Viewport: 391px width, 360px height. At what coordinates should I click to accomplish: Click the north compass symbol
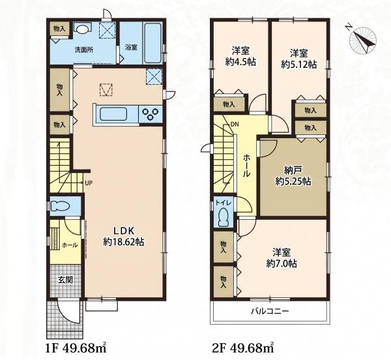363,40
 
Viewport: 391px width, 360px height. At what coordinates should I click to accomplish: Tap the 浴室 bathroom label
131,48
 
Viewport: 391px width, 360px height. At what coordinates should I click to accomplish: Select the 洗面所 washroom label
84,50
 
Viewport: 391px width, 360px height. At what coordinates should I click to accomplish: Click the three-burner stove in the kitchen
151,114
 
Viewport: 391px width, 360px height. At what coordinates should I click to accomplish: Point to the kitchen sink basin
113,114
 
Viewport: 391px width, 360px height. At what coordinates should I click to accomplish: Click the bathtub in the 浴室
152,43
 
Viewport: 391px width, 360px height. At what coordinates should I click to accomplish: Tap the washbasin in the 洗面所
82,29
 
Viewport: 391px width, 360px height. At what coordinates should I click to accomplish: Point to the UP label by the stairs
89,183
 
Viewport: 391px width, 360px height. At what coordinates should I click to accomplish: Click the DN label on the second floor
235,124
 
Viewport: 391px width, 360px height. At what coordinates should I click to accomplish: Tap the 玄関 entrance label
65,280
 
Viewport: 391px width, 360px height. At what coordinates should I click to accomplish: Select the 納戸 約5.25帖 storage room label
293,175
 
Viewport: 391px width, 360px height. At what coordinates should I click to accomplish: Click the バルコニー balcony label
270,311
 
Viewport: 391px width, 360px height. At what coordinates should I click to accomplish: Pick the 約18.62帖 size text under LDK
124,241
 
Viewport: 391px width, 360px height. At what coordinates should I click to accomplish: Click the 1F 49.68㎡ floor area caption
76,347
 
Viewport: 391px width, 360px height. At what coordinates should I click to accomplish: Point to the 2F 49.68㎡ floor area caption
243,347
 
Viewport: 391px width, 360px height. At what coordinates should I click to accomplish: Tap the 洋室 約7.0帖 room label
282,258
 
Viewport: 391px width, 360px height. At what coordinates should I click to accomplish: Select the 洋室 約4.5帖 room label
240,56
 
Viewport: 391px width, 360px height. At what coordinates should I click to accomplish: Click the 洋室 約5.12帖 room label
298,59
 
